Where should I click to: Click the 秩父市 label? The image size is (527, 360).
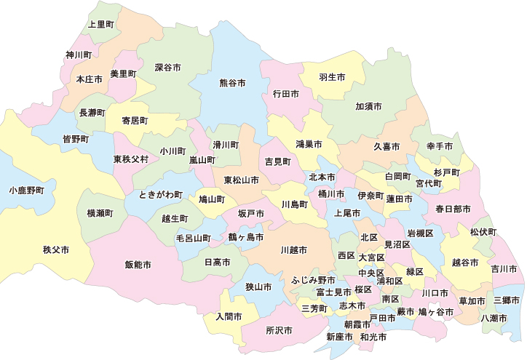coord(56,249)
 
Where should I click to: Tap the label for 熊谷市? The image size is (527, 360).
coord(232,83)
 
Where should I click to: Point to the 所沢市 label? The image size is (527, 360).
coord(279,329)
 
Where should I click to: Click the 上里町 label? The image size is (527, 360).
coord(100,24)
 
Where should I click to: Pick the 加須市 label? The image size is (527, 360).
coord(368,106)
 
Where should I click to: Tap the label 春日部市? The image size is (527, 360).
coord(453,209)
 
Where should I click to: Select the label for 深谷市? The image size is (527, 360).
coord(167,67)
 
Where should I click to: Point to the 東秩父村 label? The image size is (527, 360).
coord(131,159)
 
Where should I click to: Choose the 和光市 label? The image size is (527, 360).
coord(373,337)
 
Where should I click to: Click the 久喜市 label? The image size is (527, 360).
coord(387,146)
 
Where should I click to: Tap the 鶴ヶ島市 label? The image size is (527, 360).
coord(245,237)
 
